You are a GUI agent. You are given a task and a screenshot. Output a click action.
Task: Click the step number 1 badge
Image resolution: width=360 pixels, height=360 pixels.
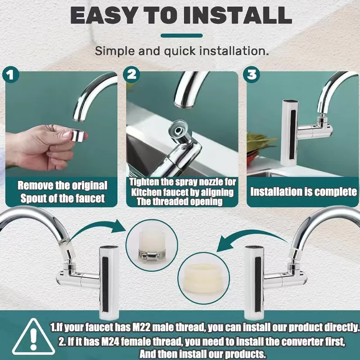[x=12, y=75]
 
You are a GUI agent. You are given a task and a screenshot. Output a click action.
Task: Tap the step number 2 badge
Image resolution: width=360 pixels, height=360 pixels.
[x=131, y=75]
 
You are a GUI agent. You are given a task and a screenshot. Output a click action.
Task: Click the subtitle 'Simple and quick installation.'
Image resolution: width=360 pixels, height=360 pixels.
[x=181, y=51]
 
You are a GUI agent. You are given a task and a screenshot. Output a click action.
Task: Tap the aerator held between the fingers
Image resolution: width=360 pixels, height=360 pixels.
[x=78, y=135]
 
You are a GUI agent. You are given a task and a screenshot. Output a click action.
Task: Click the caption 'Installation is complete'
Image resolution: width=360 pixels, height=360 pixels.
[x=303, y=192]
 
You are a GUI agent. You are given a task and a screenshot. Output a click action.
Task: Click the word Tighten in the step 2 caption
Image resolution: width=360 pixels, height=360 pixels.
[x=146, y=182]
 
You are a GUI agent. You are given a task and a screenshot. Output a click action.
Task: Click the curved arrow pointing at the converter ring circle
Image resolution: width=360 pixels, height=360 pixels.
[x=252, y=238]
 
